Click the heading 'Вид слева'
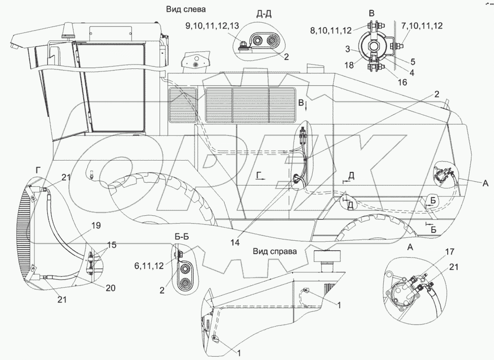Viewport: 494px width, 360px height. click(186, 9)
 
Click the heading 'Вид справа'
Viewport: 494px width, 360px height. click(275, 251)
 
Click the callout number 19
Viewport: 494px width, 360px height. click(96, 226)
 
